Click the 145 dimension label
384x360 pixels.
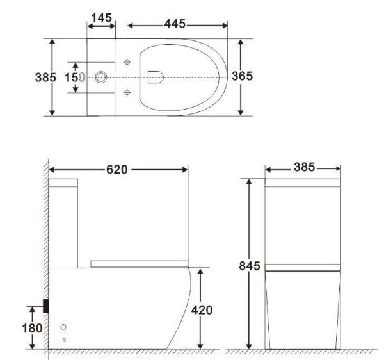point(101,18)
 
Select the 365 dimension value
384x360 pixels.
point(242,76)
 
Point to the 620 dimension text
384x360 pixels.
point(116,170)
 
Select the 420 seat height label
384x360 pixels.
point(202,309)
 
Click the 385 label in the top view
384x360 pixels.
point(45,77)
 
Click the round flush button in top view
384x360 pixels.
point(101,77)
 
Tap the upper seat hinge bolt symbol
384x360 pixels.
point(127,62)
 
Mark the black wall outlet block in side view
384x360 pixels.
point(46,306)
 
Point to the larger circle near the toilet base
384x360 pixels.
point(63,327)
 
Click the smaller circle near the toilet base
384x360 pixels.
point(63,339)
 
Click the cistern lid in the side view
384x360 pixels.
point(63,183)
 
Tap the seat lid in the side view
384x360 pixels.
point(139,263)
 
